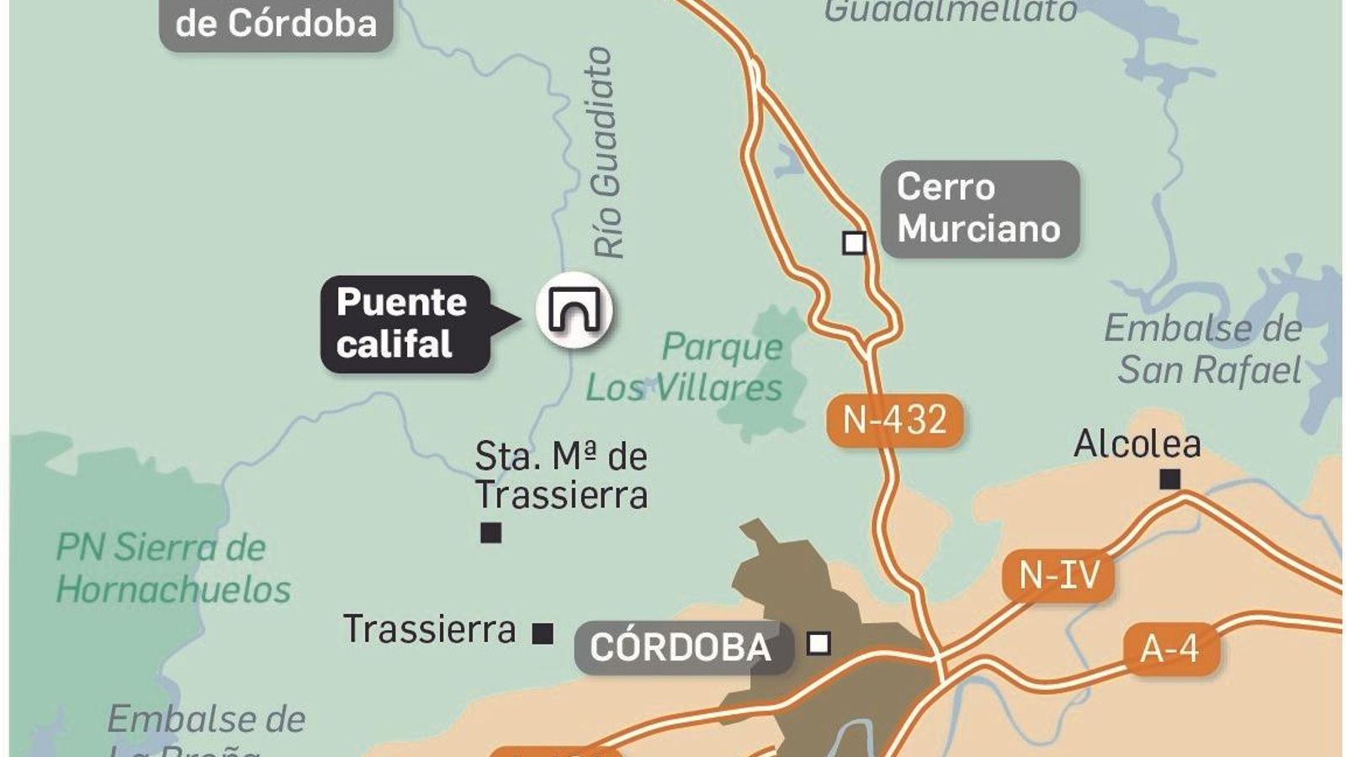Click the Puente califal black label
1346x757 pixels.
click(404, 323)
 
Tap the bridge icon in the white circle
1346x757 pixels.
click(575, 310)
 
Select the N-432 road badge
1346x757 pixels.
click(894, 419)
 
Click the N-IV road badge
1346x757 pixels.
click(1058, 575)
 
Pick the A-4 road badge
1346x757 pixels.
click(1170, 648)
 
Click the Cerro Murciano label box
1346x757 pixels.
click(979, 208)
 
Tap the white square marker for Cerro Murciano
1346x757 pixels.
click(854, 243)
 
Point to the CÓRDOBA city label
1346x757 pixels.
click(681, 647)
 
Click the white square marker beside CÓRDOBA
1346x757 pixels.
click(819, 643)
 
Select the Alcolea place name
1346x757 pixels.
click(1137, 443)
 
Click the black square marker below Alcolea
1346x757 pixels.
click(1169, 479)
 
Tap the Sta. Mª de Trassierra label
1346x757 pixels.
click(561, 475)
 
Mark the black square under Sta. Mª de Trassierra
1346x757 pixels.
click(490, 532)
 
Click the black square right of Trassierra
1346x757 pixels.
click(543, 633)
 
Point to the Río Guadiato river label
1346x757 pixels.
click(607, 151)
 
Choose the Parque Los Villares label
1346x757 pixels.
click(685, 367)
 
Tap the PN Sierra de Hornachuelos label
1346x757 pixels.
click(172, 569)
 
